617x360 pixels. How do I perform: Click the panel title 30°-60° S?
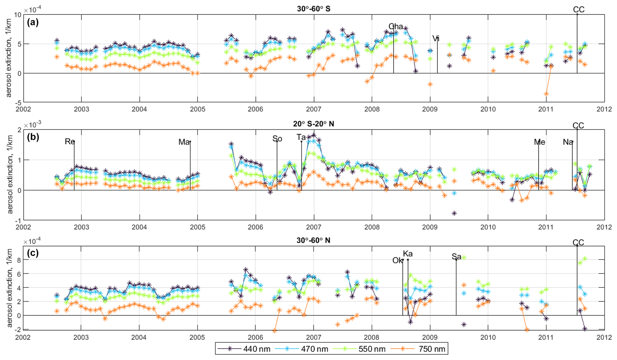[x=313, y=9]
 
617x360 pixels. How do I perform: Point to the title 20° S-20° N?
[x=313, y=124]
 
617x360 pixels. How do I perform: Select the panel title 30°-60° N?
[x=313, y=240]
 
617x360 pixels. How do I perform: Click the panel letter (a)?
[x=33, y=22]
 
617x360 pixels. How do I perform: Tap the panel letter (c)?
[x=33, y=253]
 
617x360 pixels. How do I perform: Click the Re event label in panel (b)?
[x=70, y=141]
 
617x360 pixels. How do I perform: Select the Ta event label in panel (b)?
[x=301, y=137]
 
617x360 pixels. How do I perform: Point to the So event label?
[x=277, y=139]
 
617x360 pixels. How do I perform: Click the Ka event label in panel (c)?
[x=408, y=254]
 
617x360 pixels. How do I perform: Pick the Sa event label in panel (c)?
[x=456, y=257]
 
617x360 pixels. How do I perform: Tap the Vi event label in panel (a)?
[x=436, y=38]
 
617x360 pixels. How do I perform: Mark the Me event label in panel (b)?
[x=539, y=142]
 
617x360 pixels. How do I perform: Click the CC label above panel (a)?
[x=578, y=10]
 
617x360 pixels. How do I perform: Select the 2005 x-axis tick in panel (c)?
[x=197, y=337]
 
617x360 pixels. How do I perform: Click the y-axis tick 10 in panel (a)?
[x=18, y=15]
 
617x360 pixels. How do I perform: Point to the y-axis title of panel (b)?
[x=10, y=174]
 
